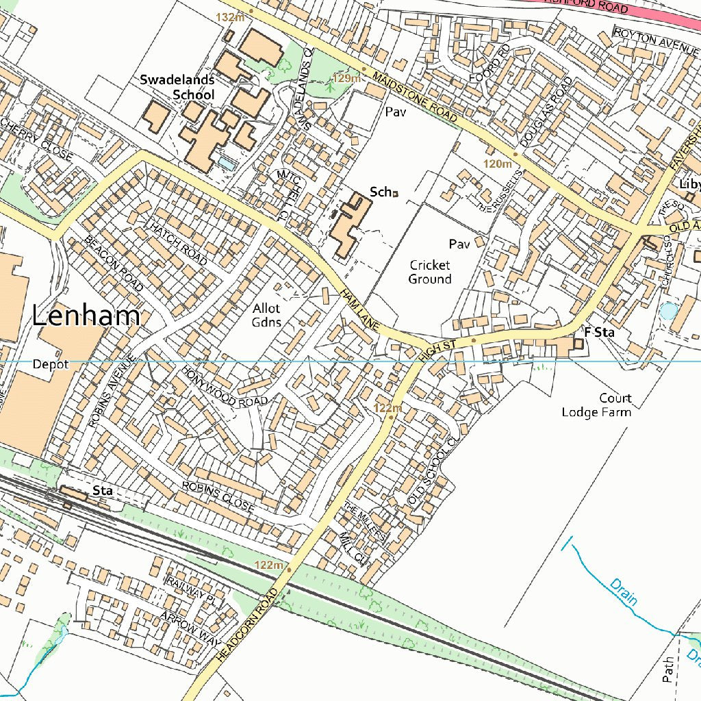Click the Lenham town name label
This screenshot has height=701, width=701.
(x=86, y=316)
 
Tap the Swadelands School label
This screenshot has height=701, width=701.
(x=177, y=87)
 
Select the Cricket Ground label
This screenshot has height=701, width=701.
(x=430, y=272)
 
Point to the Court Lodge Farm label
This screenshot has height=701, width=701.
(x=596, y=405)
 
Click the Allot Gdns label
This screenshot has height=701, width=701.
(x=266, y=316)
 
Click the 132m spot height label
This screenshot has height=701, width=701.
(x=230, y=16)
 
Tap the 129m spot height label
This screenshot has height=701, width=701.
(x=346, y=79)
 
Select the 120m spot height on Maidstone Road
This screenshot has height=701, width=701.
(x=498, y=164)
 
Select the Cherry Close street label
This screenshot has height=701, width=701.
(x=36, y=140)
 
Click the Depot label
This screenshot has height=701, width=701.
(x=51, y=364)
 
